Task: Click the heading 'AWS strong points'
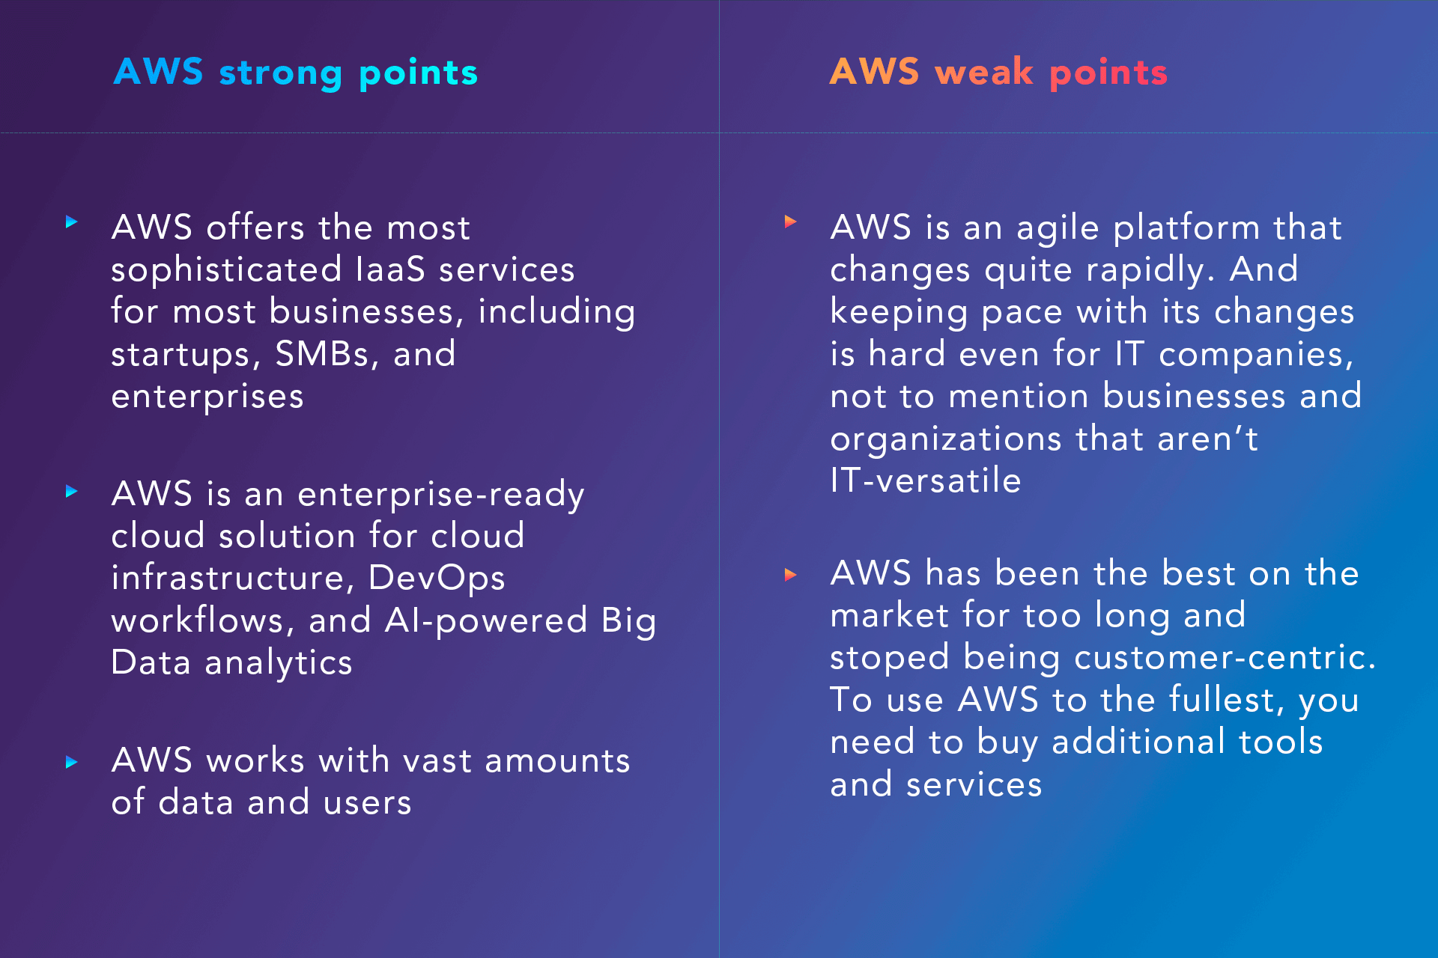(x=296, y=73)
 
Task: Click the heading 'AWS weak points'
(x=998, y=73)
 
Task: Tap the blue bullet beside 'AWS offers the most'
(x=72, y=222)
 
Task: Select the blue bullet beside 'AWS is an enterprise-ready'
(x=72, y=491)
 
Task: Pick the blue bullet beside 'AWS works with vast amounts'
(x=72, y=762)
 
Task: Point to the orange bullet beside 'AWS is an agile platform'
(x=790, y=222)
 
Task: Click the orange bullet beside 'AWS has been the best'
(x=790, y=575)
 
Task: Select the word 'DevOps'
(x=437, y=579)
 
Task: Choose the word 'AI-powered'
(x=486, y=620)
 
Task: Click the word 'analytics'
(x=279, y=663)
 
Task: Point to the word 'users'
(x=368, y=803)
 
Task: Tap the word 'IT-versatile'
(x=926, y=480)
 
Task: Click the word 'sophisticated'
(x=227, y=270)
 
